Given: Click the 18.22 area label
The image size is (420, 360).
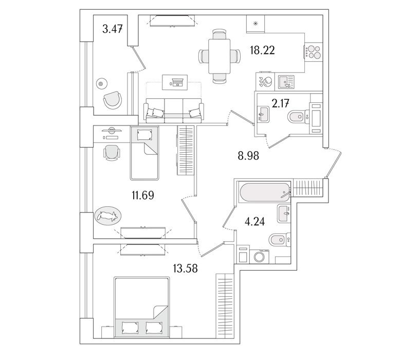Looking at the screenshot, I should click(262, 50).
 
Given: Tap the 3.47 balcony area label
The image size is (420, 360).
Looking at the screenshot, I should click(112, 29).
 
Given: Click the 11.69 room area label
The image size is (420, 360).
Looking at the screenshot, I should click(144, 195).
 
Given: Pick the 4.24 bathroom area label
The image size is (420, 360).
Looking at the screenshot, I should click(255, 223).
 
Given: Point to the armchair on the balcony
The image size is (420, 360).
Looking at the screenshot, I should click(113, 100).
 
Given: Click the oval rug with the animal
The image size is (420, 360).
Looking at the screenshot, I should click(108, 216).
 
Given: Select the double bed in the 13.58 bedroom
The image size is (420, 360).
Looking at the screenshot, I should click(142, 308).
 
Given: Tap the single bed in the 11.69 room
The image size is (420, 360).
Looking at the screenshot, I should click(144, 153).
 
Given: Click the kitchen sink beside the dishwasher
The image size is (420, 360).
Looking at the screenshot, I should click(285, 81).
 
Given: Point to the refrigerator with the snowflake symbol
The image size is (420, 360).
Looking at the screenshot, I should click(255, 24).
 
